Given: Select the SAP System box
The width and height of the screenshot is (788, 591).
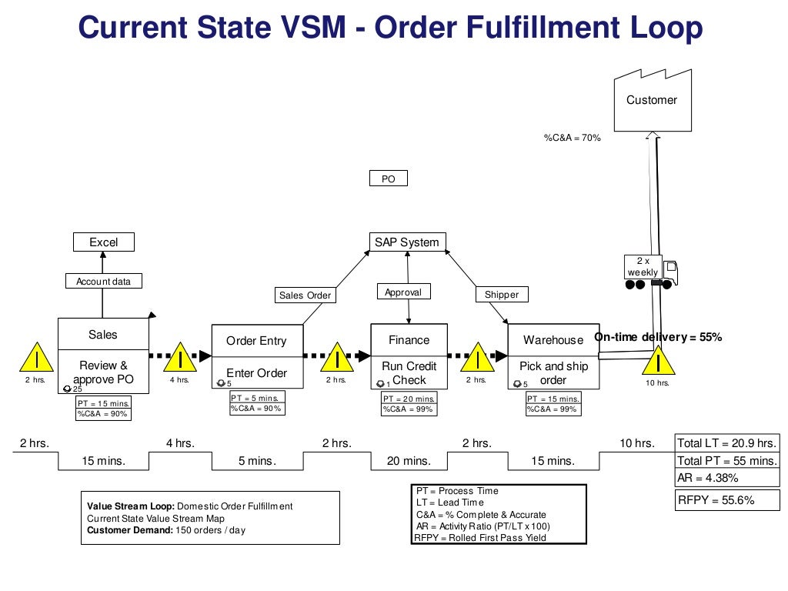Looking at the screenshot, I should pos(407,242).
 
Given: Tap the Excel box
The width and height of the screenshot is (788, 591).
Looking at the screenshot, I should pos(103,242).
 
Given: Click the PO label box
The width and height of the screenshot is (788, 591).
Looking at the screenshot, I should pos(388,179).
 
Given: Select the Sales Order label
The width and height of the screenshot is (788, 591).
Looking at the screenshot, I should pos(304,295).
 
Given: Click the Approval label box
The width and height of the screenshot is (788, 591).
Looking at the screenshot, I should pos(403,292).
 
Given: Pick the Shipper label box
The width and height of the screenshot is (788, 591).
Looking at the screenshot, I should pos(502,295).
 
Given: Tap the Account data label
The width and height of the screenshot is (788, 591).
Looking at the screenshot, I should pos(103,282).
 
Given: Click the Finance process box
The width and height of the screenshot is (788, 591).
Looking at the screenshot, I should pos(409,340).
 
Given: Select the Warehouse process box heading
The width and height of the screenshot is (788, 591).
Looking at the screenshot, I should pos(553,340).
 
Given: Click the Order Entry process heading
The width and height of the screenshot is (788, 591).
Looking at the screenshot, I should pos(256,341).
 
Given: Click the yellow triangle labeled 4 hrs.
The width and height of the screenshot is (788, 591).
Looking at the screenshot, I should pos(179,360).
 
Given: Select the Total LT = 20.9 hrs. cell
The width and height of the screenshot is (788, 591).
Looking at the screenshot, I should pos(726,443).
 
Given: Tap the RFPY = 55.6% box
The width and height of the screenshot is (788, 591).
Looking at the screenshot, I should pos(726,500).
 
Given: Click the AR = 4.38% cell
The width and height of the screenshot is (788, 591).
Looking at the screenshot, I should pos(726,478).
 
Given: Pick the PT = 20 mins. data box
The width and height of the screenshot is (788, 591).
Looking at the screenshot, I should pos(409,399).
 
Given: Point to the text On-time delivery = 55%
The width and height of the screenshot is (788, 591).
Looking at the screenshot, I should pos(658,337).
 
